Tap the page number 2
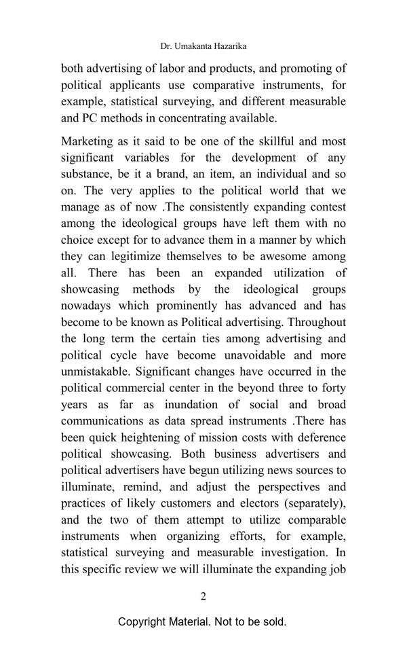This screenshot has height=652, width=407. [203, 596]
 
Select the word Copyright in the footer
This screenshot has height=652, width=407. [145, 621]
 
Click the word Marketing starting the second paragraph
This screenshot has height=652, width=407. [88, 141]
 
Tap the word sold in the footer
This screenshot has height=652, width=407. [274, 621]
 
